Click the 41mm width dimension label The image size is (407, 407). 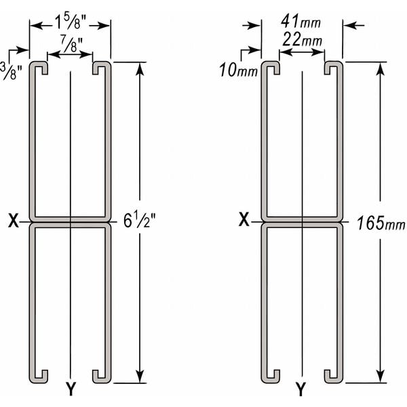coord(301,21)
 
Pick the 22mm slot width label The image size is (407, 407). coord(302,41)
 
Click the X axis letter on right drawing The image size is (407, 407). coord(246,220)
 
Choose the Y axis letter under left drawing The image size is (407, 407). coord(70,389)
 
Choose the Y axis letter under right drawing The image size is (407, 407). coord(301,389)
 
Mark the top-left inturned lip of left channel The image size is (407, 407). coord(40,67)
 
